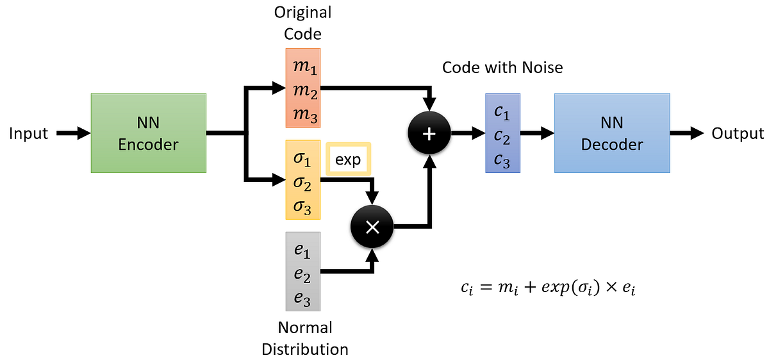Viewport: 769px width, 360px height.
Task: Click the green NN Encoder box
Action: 148,133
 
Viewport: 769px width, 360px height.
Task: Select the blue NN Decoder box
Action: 612,133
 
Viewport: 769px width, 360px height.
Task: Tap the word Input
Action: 29,134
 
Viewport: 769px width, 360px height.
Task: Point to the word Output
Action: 738,134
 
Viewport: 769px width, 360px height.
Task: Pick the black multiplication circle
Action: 372,226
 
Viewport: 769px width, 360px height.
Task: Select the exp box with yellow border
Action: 348,159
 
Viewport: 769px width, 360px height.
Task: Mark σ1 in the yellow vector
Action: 302,158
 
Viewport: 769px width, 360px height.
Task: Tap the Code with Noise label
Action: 502,67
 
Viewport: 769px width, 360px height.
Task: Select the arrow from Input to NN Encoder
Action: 74,133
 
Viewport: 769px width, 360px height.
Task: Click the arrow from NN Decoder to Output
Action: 688,133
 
